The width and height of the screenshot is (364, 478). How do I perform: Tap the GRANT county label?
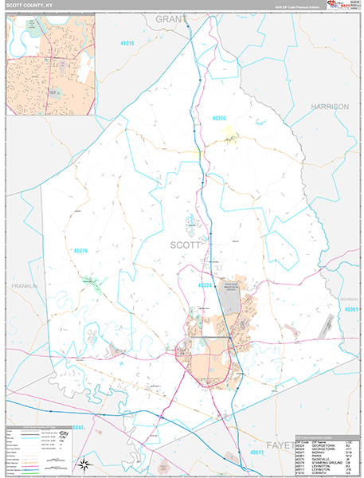(171, 18)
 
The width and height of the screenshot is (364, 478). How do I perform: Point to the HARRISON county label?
(330, 106)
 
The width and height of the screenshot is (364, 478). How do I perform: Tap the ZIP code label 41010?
(126, 43)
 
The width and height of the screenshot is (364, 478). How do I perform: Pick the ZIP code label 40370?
(220, 118)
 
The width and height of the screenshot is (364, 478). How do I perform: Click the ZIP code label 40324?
(205, 284)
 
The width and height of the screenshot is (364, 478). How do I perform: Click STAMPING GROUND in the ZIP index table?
(327, 461)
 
